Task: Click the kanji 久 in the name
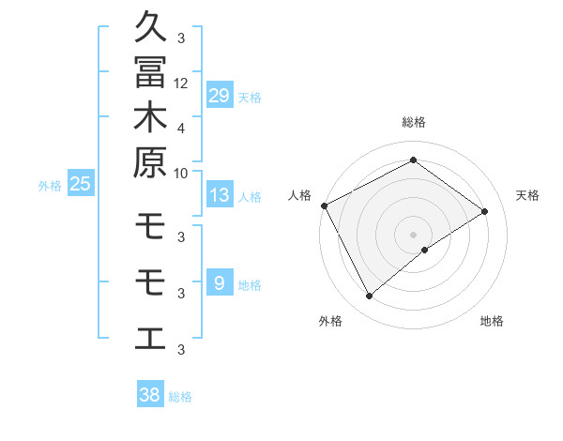(x=150, y=26)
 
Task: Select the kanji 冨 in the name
(x=150, y=71)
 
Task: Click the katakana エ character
(x=150, y=336)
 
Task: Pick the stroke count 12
(x=181, y=83)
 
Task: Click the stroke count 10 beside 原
(x=181, y=172)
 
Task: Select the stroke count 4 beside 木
(x=181, y=127)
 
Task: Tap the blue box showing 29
(x=220, y=96)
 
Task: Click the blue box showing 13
(x=220, y=196)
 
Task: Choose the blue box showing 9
(x=220, y=283)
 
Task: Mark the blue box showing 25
(x=81, y=185)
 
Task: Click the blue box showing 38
(x=150, y=395)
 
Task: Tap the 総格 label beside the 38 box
(x=180, y=397)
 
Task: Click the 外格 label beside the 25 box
(x=50, y=186)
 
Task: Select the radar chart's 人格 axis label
(x=300, y=195)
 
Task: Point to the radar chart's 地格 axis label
(x=492, y=321)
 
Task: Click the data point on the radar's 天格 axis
(x=485, y=211)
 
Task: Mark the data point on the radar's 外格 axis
(x=369, y=297)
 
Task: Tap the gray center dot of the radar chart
(x=413, y=234)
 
